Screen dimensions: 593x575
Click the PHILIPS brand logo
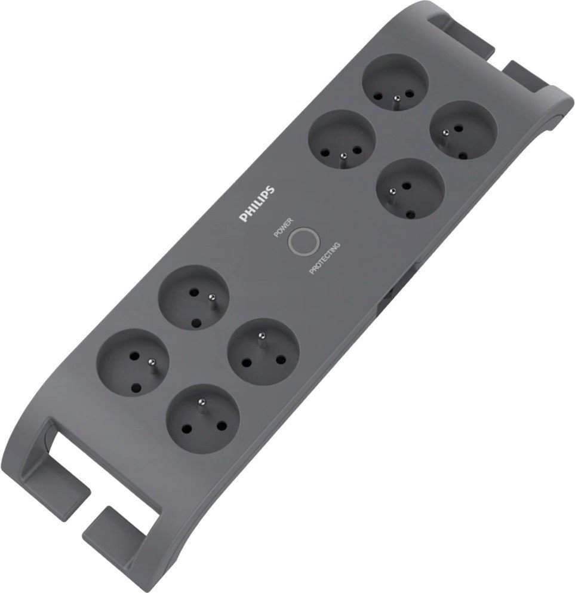(257, 204)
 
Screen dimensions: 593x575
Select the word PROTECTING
(325, 258)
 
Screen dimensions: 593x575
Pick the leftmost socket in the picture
(131, 360)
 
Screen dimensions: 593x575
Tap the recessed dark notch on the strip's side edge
(388, 293)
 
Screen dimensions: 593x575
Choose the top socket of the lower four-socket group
(192, 297)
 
